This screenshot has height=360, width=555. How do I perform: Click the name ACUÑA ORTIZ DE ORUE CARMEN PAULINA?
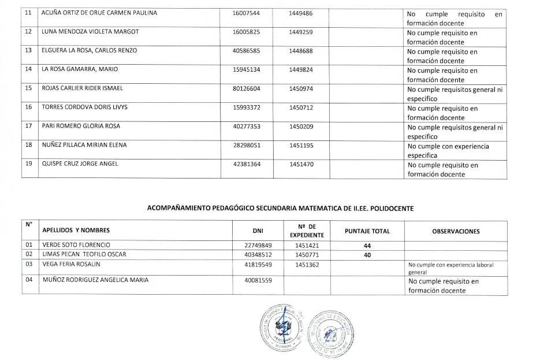pyautogui.click(x=99, y=13)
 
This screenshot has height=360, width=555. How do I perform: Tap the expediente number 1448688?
pyautogui.click(x=301, y=51)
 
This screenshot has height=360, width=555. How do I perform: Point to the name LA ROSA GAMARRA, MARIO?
pyautogui.click(x=80, y=69)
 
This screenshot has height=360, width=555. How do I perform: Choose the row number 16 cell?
pyautogui.click(x=28, y=107)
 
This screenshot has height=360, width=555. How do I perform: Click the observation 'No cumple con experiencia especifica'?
pyautogui.click(x=448, y=150)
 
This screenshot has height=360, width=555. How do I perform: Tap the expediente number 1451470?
pyautogui.click(x=301, y=164)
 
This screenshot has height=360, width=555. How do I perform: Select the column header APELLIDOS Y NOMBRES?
pyautogui.click(x=76, y=231)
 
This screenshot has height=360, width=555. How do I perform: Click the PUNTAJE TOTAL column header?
pyautogui.click(x=367, y=231)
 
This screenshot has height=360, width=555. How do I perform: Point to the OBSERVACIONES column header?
pyautogui.click(x=456, y=231)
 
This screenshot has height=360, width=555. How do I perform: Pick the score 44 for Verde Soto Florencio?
pyautogui.click(x=367, y=246)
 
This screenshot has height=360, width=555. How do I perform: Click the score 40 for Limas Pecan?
pyautogui.click(x=367, y=255)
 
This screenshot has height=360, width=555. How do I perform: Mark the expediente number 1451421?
pyautogui.click(x=307, y=245)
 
